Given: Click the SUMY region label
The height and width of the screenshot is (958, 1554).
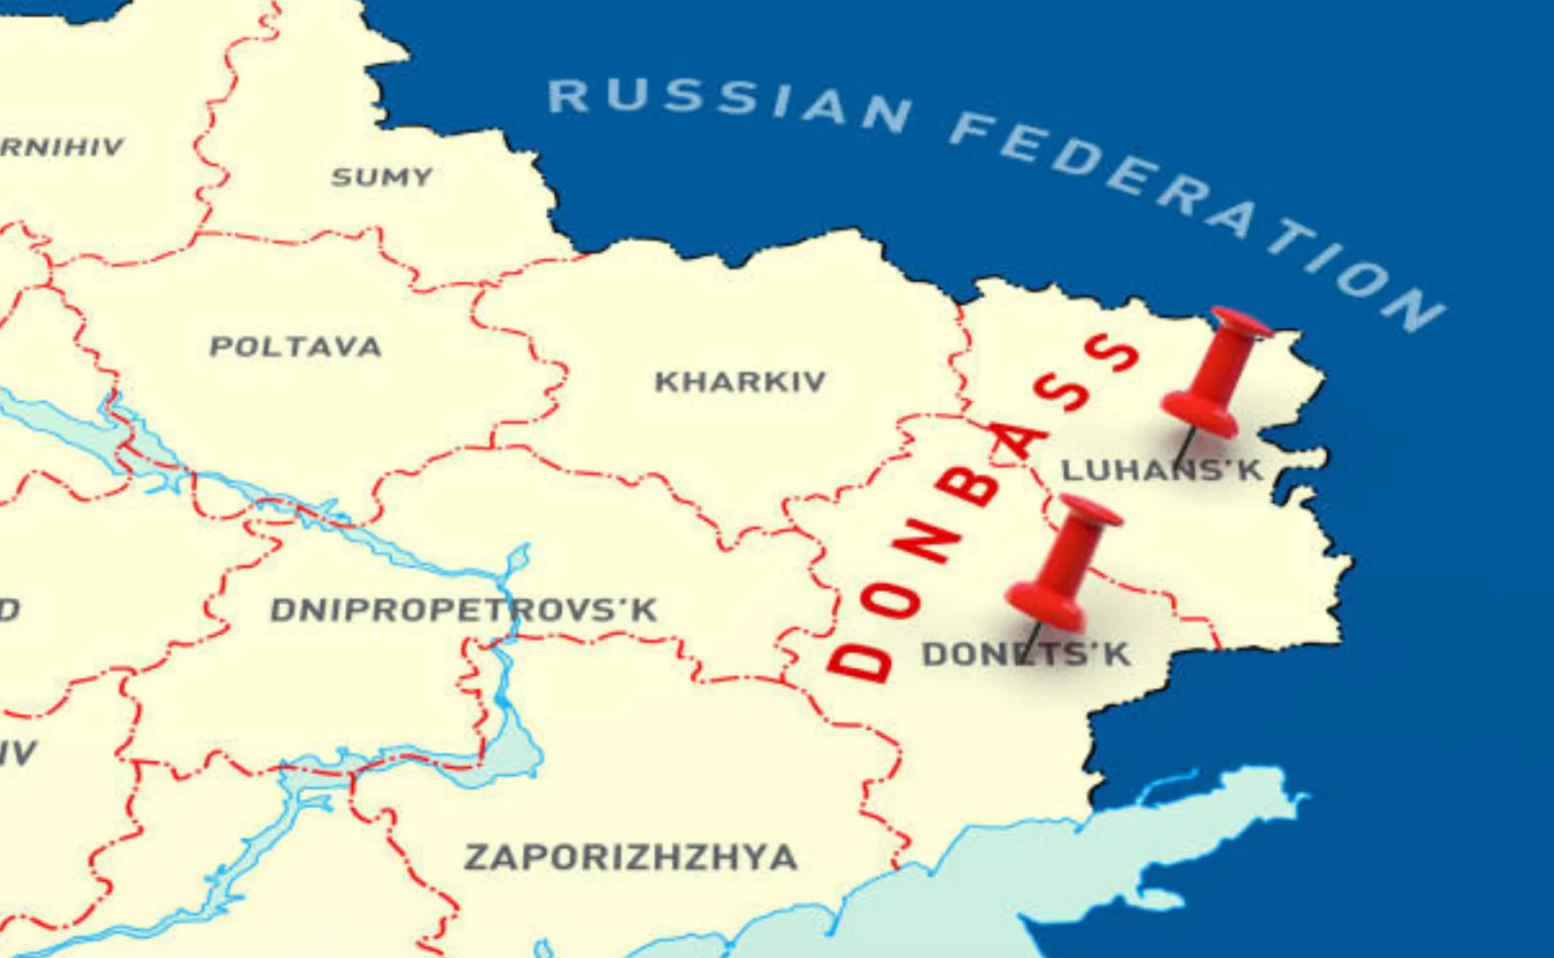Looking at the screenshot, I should click(x=382, y=177).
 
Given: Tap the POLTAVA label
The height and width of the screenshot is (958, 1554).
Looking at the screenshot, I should click(x=295, y=346).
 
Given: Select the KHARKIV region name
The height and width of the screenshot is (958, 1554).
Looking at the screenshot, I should click(x=740, y=381).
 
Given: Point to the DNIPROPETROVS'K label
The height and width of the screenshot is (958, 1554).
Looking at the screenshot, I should click(x=464, y=609).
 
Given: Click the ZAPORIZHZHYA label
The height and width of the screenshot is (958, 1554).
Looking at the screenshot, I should click(x=630, y=858).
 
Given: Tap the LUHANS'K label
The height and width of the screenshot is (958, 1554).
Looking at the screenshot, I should click(x=1162, y=470).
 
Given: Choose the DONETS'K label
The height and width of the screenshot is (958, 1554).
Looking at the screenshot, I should click(x=1026, y=655).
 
